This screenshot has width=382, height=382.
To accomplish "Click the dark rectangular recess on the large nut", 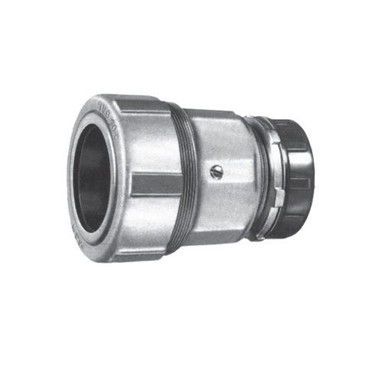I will [x=146, y=183].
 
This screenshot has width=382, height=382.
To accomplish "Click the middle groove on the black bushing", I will [x=299, y=183].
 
